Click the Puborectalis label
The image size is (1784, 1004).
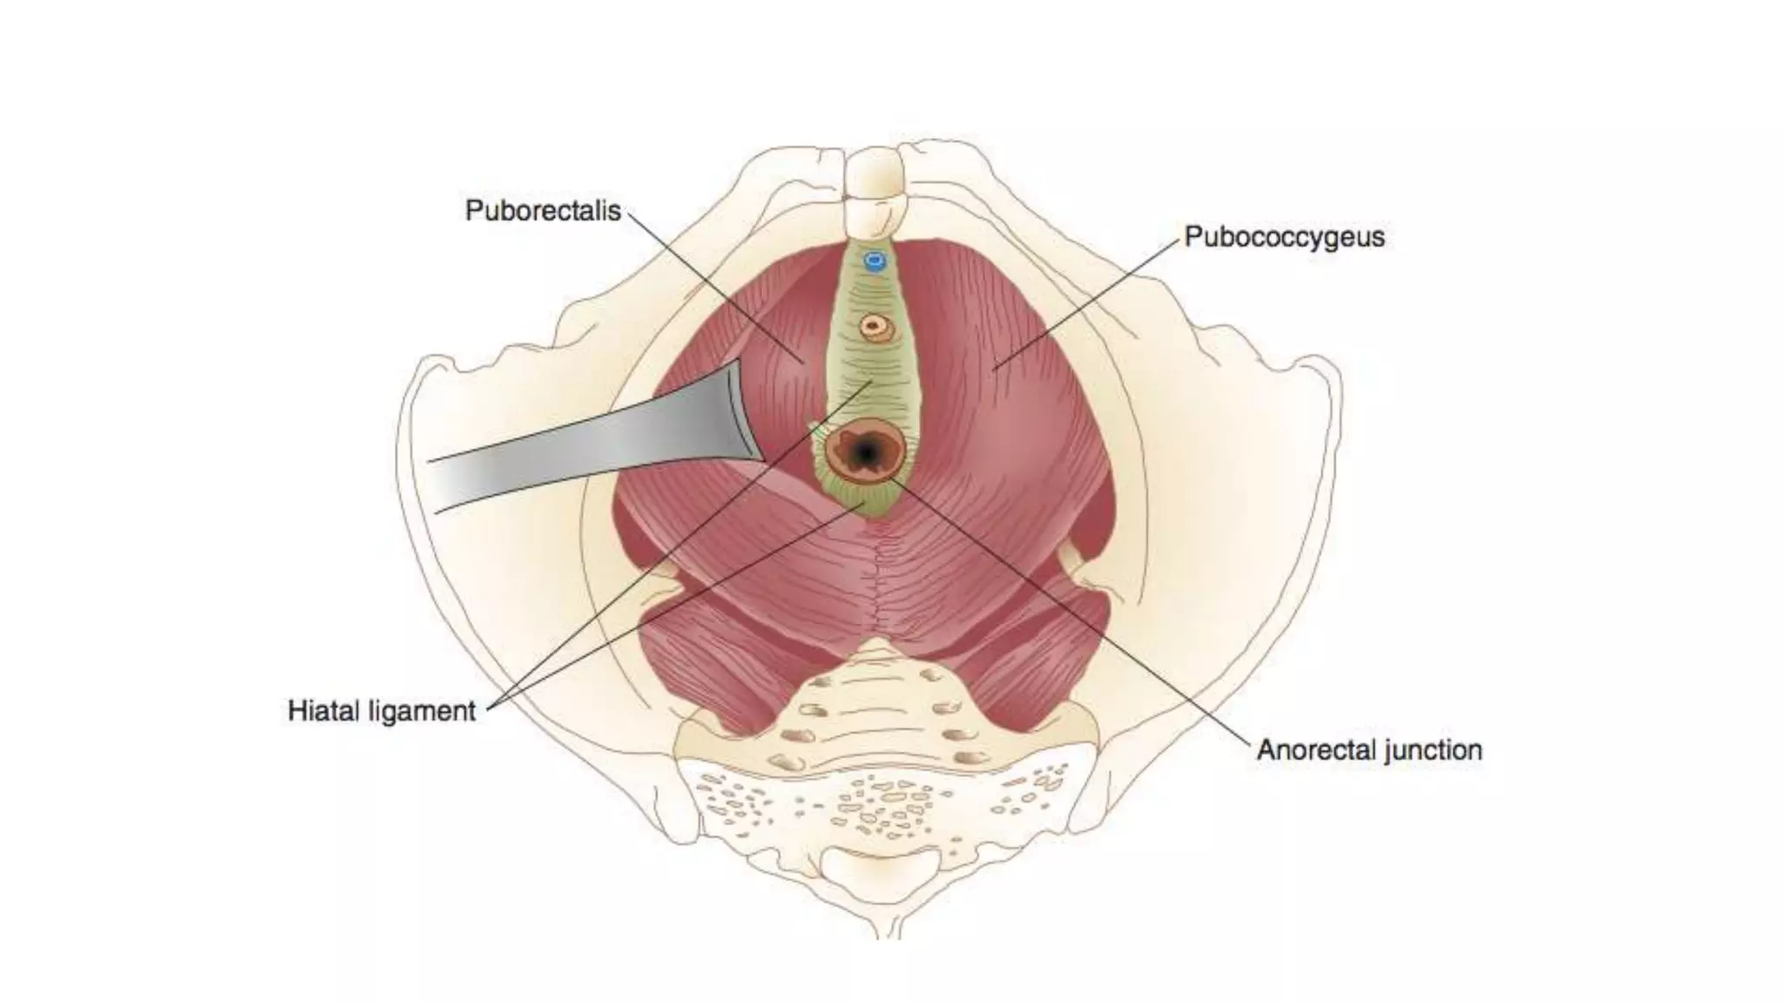(x=542, y=211)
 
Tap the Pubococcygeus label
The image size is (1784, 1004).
(x=1284, y=237)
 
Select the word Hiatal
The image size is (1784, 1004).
(x=323, y=710)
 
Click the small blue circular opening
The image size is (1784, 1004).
(x=874, y=260)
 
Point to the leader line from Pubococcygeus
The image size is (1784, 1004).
(x=1089, y=301)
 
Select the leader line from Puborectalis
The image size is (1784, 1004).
(x=714, y=283)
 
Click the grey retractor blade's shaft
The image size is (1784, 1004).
(x=566, y=453)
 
